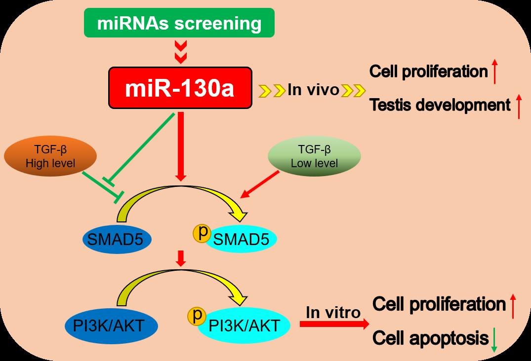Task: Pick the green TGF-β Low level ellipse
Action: pos(314,156)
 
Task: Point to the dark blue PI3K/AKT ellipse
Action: pos(112,325)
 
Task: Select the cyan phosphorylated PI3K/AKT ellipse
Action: pos(244,325)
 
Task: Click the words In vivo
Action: pos(314,90)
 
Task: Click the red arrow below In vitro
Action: pos(334,324)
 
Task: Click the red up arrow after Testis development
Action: pos(519,107)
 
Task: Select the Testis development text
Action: pos(440,105)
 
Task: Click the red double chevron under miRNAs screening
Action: pos(181,52)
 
